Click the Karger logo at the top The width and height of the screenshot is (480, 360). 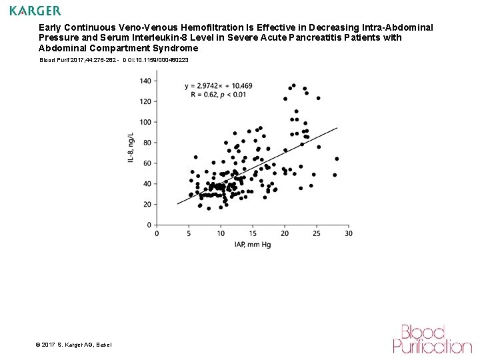tap(35, 11)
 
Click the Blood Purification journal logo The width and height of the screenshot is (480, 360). tap(432, 339)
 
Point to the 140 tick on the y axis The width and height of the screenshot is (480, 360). tap(145, 81)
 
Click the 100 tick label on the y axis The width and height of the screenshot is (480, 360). tap(145, 122)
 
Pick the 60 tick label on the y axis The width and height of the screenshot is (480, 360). tap(146, 163)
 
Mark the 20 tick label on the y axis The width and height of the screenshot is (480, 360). tap(146, 205)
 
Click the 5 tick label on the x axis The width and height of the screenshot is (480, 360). tap(189, 233)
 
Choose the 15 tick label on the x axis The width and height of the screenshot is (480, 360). tap(253, 233)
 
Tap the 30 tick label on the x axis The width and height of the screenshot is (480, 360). tap(349, 233)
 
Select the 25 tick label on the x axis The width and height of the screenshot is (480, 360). tap(317, 233)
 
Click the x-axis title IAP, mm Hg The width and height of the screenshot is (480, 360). tap(253, 245)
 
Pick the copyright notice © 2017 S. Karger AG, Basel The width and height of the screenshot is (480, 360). tap(73, 344)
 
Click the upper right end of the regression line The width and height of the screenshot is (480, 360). tap(337, 128)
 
